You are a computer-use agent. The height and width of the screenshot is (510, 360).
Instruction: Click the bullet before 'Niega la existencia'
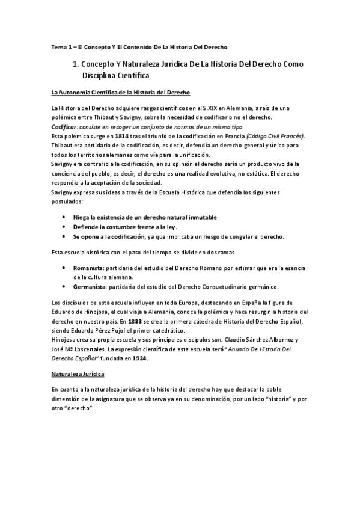click(64, 217)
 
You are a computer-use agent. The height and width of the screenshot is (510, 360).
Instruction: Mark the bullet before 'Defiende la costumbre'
click(64, 226)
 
